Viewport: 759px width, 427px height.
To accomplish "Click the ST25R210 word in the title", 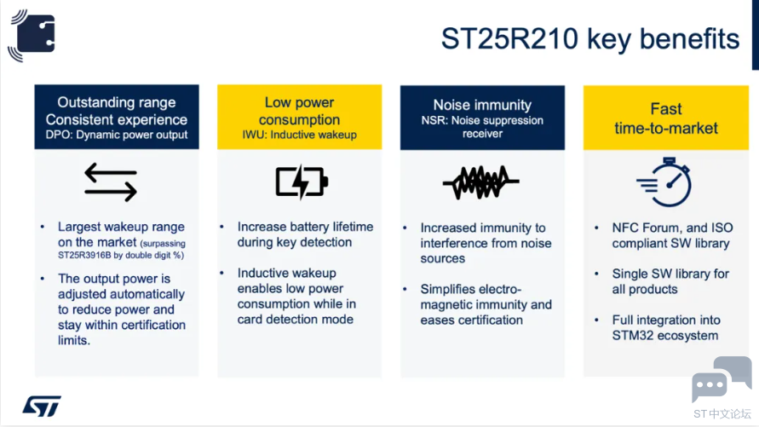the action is pyautogui.click(x=509, y=38).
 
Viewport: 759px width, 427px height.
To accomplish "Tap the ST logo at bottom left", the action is pyautogui.click(x=42, y=406).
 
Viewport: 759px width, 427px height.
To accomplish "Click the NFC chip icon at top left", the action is pyautogui.click(x=32, y=35).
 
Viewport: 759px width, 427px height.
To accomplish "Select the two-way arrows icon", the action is pyautogui.click(x=111, y=182).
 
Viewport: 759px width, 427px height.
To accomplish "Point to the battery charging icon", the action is pyautogui.click(x=302, y=182).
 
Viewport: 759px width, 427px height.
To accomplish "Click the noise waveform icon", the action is pyautogui.click(x=480, y=182).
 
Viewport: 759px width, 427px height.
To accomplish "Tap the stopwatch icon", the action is pyautogui.click(x=665, y=182).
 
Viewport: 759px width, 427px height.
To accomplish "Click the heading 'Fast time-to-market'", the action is pyautogui.click(x=666, y=118).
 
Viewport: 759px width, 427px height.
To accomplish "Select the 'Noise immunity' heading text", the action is pyautogui.click(x=482, y=105).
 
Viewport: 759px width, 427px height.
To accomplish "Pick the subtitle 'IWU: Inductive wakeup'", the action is pyautogui.click(x=299, y=135).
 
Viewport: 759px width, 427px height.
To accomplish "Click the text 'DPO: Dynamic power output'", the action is pyautogui.click(x=116, y=135).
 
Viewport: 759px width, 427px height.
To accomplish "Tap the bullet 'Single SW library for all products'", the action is pyautogui.click(x=670, y=281).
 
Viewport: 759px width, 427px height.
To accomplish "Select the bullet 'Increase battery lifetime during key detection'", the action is pyautogui.click(x=305, y=234).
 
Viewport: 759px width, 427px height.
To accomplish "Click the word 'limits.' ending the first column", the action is pyautogui.click(x=74, y=340).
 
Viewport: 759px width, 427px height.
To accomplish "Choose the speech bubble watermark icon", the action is pyautogui.click(x=722, y=379).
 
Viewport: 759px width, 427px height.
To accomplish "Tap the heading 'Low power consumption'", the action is pyautogui.click(x=299, y=111).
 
